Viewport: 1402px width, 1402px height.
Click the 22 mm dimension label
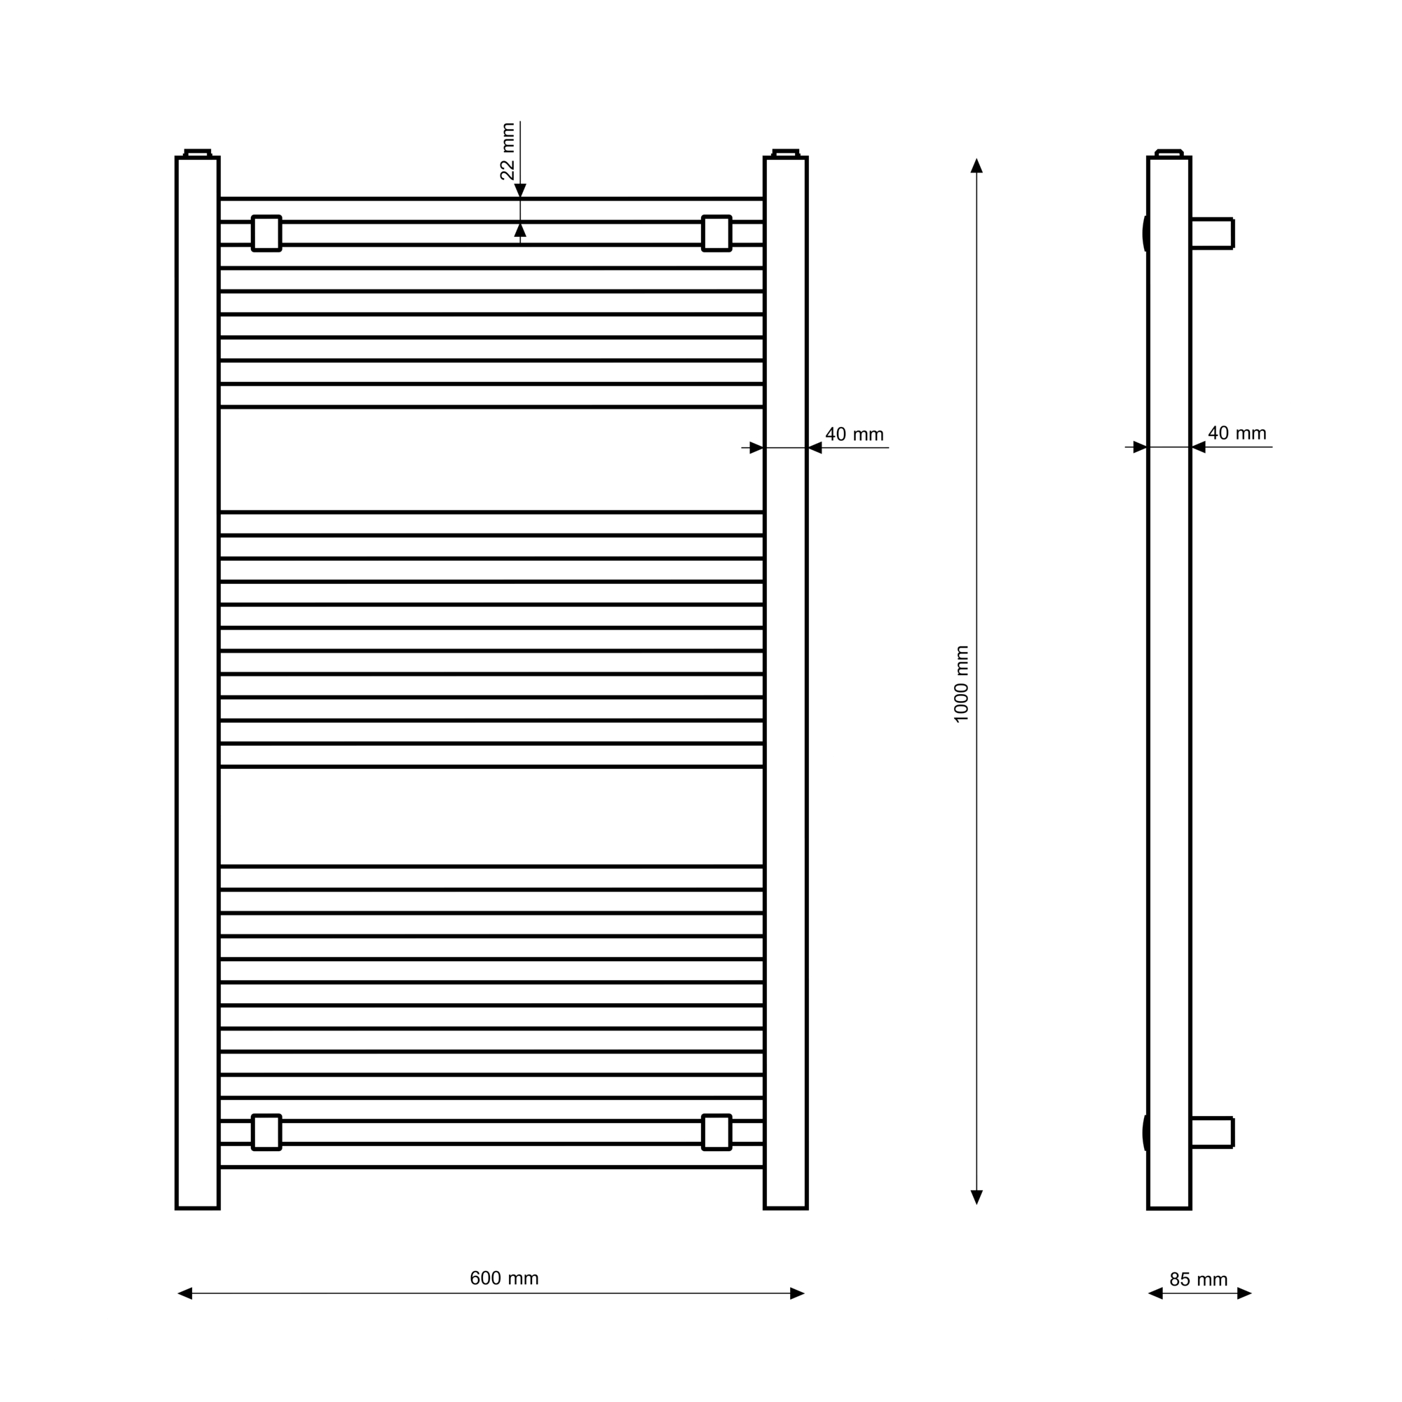[508, 151]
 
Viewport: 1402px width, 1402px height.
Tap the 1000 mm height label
[962, 684]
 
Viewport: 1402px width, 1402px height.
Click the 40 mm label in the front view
[854, 435]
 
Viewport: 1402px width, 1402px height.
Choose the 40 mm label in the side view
[1237, 433]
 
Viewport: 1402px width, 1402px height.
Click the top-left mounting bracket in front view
[266, 233]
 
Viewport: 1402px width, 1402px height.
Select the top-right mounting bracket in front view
[716, 233]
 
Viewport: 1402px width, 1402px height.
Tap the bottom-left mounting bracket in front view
[266, 1132]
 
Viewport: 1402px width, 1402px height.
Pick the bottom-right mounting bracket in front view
[716, 1132]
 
